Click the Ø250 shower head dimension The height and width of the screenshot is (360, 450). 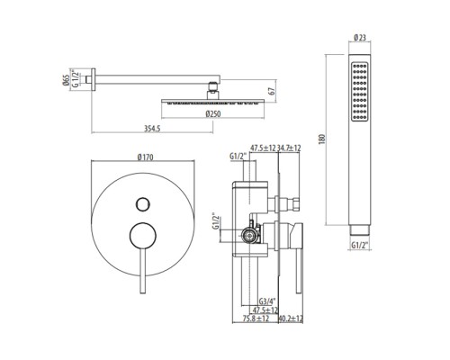(x=213, y=114)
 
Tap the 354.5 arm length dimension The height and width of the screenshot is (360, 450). (x=152, y=129)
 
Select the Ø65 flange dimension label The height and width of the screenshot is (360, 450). (x=66, y=80)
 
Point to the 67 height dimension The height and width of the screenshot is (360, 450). (x=272, y=91)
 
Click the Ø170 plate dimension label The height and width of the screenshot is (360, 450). (x=146, y=157)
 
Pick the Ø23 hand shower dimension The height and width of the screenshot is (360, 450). (x=360, y=38)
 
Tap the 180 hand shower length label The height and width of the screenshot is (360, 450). (x=322, y=139)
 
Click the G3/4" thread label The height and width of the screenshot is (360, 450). (x=267, y=301)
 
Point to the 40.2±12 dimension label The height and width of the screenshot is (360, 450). (x=291, y=319)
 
